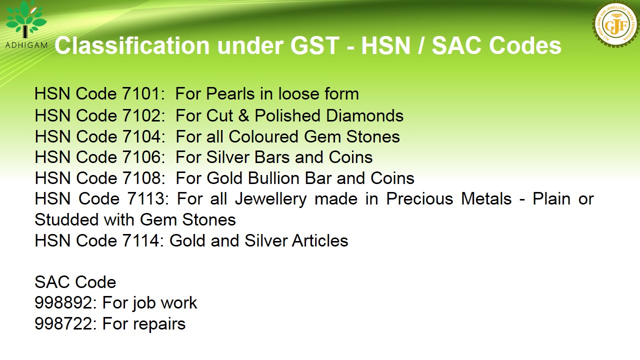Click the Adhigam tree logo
pos(26,19)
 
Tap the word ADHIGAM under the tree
pos(26,45)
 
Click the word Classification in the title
pos(132,45)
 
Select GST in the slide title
pos(315,45)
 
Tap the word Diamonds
pos(365,115)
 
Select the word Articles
pos(319,240)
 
